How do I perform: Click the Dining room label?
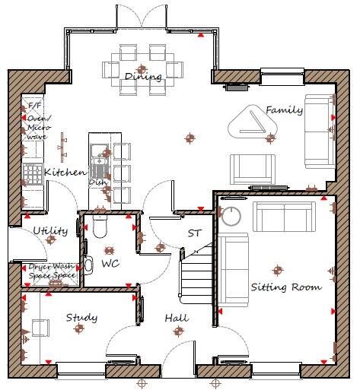(x=142, y=77)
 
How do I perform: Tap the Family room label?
(x=284, y=110)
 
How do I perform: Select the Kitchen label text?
(x=65, y=173)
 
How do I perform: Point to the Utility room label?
(x=50, y=230)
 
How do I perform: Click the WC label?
(x=110, y=264)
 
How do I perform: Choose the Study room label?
(x=81, y=317)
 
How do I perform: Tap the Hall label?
(x=177, y=318)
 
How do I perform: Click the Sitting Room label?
(x=286, y=287)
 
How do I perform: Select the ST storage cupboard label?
(x=194, y=233)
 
